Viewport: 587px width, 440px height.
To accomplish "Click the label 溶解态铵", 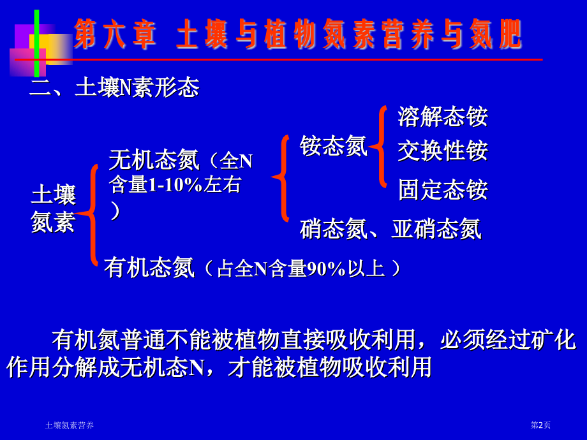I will coord(442,117).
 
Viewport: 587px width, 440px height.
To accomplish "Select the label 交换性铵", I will coord(442,150).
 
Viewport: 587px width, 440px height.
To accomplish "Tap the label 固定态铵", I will coord(442,190).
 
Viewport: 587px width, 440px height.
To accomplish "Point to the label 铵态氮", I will coord(333,146).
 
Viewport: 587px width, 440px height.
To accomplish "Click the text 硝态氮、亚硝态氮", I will coord(390,229).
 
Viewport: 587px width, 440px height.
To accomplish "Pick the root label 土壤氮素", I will coord(53,208).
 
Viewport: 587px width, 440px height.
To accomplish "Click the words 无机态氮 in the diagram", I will coord(154,160).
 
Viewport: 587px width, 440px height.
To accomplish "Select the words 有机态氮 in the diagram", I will coord(149,267).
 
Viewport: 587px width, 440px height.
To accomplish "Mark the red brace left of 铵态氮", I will coord(281,178).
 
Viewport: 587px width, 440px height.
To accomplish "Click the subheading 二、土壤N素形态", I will coord(115,88).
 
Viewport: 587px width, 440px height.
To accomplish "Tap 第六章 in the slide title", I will coord(115,34).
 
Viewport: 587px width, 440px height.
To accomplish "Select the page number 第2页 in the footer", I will coord(540,425).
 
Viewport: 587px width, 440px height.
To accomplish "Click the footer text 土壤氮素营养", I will coord(70,425).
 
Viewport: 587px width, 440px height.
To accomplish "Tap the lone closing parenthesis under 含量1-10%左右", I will coord(115,210).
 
